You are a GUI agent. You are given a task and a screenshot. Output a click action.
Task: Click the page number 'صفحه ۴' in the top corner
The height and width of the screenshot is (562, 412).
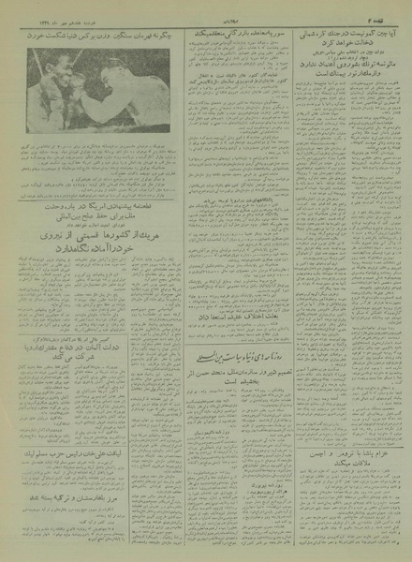[379, 15]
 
